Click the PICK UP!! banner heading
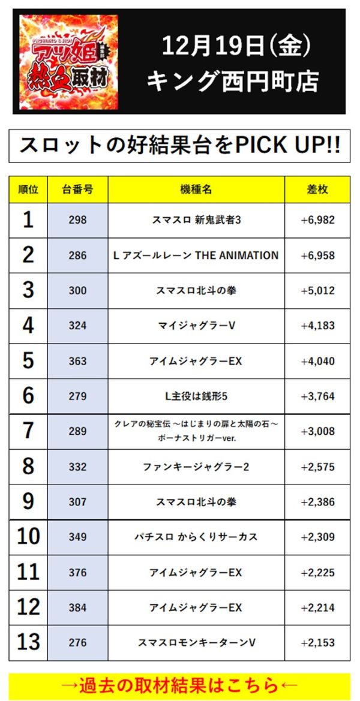180,146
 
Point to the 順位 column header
28,189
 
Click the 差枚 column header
317,189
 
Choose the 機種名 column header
196,189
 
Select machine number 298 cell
78,220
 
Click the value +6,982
317,220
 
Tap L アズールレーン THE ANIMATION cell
196,255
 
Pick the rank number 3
28,290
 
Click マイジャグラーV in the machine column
196,326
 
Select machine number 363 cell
78,361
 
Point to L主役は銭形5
196,396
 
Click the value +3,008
317,431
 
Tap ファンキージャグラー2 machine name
196,467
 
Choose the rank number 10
28,537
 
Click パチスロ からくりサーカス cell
196,537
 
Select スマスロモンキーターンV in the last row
196,643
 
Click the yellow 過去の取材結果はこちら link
180,685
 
